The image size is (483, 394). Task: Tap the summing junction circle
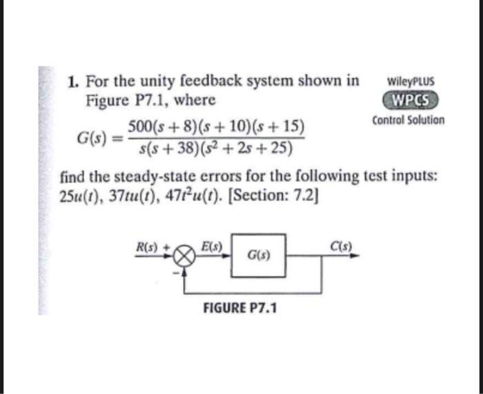[x=184, y=256]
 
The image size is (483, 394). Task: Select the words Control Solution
[x=408, y=120]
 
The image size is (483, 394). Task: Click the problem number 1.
[x=72, y=82]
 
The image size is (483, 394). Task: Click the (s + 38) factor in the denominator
[x=171, y=147]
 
